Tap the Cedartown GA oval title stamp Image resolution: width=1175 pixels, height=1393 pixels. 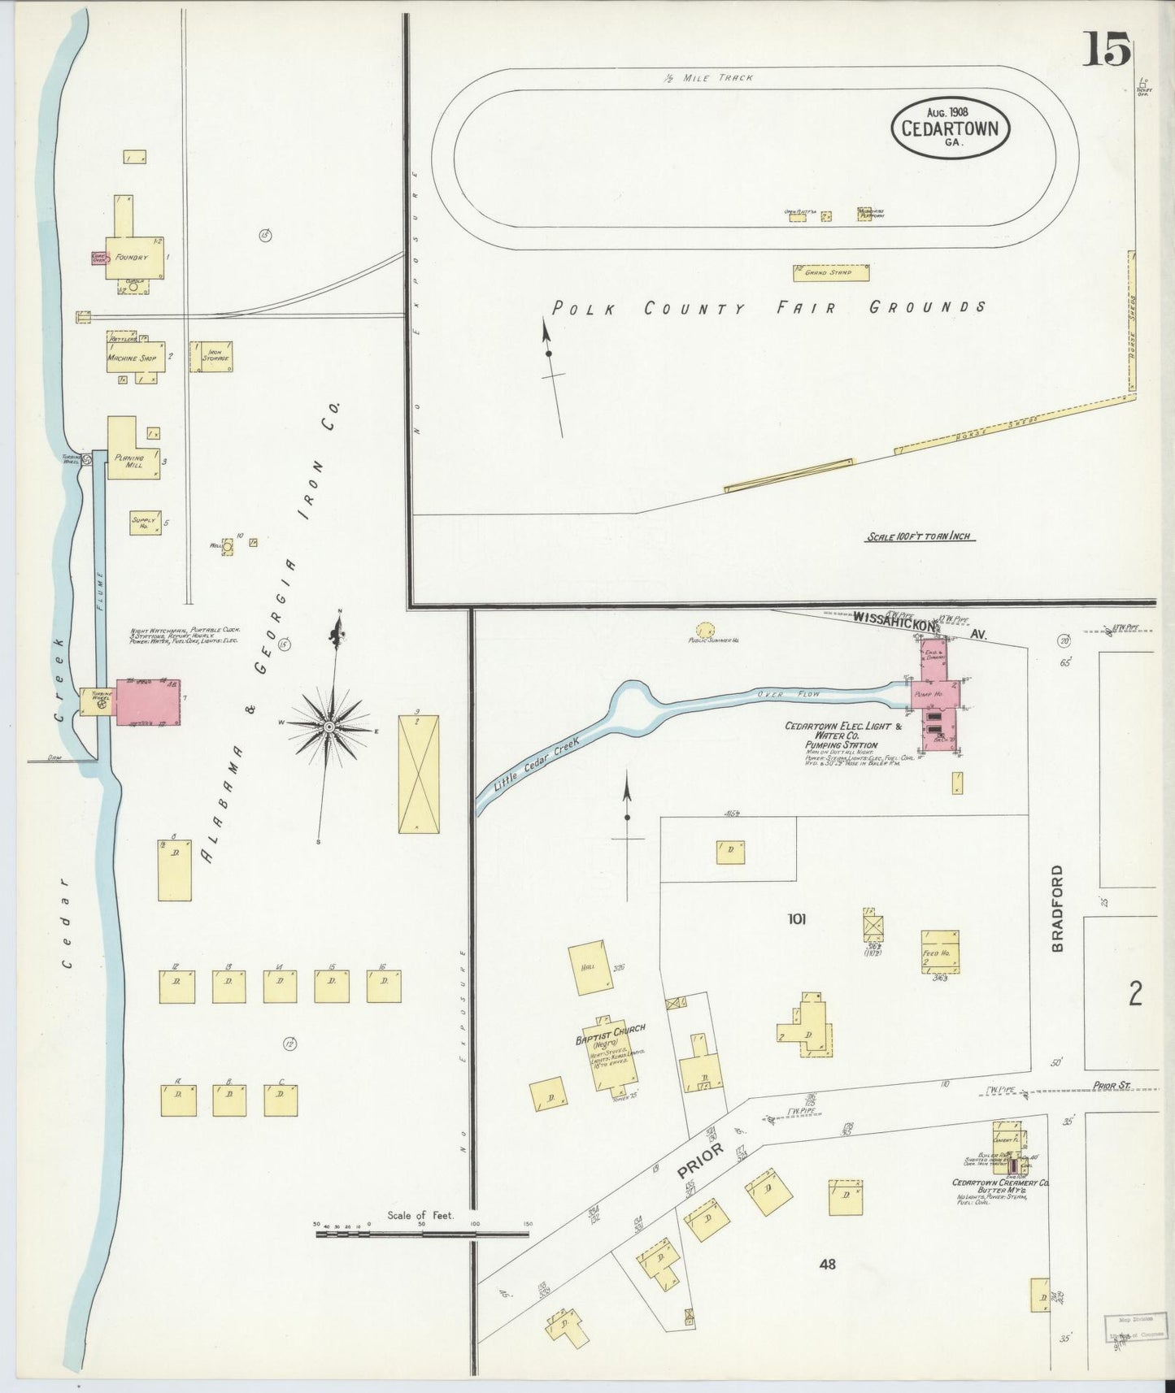[951, 127]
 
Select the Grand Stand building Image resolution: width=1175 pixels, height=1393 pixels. [830, 272]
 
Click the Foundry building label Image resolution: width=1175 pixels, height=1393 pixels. [131, 257]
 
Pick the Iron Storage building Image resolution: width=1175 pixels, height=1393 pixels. [211, 356]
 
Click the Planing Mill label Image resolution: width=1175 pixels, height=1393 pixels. [128, 461]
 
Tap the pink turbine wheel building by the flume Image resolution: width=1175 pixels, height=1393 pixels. [147, 701]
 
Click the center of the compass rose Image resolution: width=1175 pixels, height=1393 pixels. [329, 726]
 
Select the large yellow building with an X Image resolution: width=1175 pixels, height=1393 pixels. [419, 773]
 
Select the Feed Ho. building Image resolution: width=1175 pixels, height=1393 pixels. [939, 952]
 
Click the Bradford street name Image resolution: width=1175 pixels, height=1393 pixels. [1056, 908]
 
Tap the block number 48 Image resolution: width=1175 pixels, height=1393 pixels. [828, 1264]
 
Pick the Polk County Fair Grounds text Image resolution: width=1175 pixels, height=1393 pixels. [768, 307]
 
